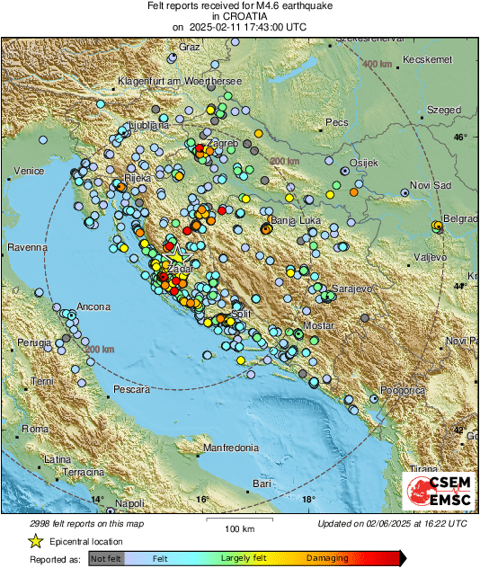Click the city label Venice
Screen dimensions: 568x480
(x=29, y=171)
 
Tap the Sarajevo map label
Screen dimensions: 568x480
(x=353, y=288)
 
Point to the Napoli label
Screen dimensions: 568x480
(x=129, y=503)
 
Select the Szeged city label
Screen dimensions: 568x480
(x=443, y=110)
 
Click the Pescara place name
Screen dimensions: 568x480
(x=131, y=390)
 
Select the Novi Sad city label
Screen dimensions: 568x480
(x=427, y=184)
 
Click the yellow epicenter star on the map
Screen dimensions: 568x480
(x=176, y=254)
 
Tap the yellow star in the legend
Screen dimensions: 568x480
(x=36, y=541)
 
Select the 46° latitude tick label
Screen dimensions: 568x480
(x=460, y=138)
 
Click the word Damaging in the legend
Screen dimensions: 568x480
(x=327, y=559)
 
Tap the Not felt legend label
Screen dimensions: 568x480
(x=105, y=559)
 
